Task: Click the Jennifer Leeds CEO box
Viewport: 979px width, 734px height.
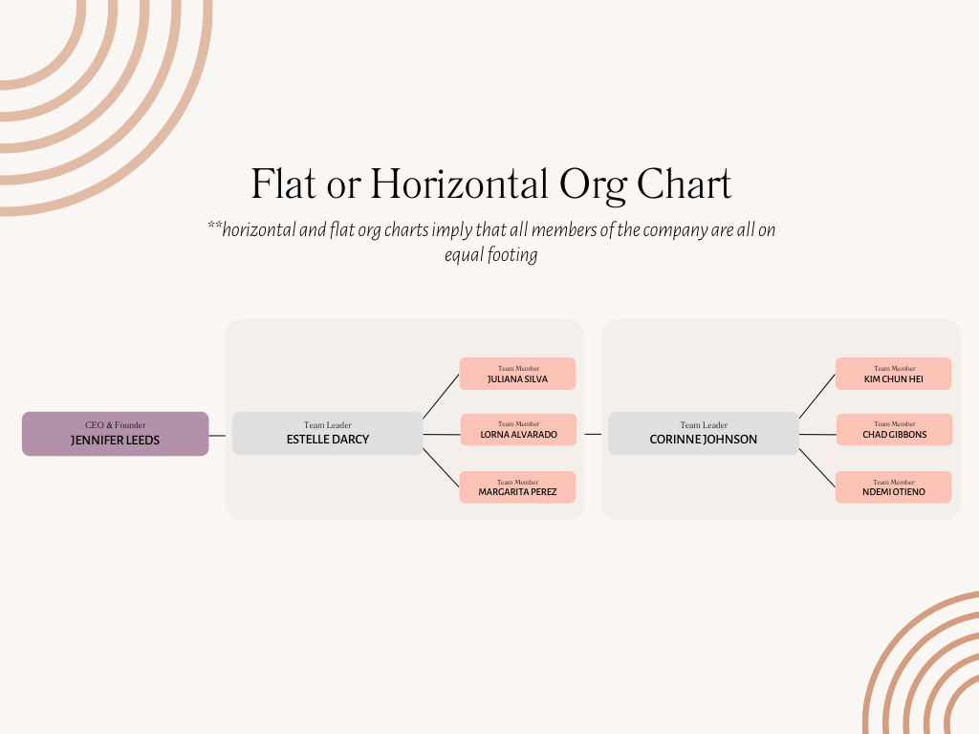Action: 116,434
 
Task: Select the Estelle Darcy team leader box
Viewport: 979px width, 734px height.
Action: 328,433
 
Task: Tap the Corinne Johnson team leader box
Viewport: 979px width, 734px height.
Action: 704,433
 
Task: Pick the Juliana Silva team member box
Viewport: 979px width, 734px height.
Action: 517,374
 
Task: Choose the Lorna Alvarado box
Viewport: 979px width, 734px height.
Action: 518,429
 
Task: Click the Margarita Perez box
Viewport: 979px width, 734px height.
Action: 517,486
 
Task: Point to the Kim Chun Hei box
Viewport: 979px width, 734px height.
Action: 894,374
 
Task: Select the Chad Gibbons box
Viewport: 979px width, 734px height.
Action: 894,429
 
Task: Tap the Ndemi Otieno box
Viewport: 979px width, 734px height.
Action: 894,486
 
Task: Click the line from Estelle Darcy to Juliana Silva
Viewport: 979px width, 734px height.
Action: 441,397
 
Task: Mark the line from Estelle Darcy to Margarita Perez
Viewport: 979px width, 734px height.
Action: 441,467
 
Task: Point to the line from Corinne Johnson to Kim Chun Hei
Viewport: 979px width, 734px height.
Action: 817,397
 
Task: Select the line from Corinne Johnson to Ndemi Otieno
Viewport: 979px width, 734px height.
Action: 817,467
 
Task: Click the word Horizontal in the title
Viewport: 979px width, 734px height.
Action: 460,184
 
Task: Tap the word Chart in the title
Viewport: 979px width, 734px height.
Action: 684,184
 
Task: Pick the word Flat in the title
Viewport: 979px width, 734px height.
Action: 283,184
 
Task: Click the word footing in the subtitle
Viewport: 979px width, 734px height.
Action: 512,255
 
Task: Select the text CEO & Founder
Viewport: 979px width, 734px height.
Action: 116,425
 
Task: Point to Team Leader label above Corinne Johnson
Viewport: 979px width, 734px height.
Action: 704,425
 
